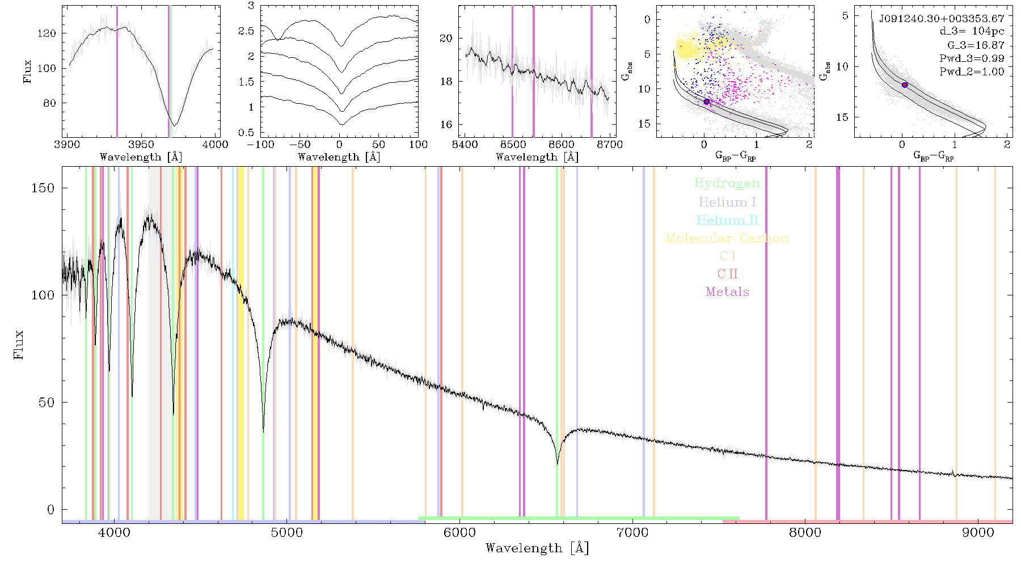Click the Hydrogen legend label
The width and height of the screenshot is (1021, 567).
727,184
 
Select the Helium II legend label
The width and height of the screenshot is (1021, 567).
727,220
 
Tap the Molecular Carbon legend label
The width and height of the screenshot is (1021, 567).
727,238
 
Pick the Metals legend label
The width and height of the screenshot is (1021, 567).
727,292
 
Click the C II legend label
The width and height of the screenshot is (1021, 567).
727,274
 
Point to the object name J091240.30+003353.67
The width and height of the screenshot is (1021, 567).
942,19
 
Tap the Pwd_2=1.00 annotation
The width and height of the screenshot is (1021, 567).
972,72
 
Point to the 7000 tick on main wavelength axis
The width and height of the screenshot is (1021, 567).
632,533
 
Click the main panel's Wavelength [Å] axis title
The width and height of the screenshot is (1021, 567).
537,548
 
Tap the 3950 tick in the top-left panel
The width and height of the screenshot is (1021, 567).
141,145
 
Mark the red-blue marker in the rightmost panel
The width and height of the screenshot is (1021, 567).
905,85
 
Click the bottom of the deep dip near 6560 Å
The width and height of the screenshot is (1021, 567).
557,464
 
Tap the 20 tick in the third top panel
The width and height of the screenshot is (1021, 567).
446,39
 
